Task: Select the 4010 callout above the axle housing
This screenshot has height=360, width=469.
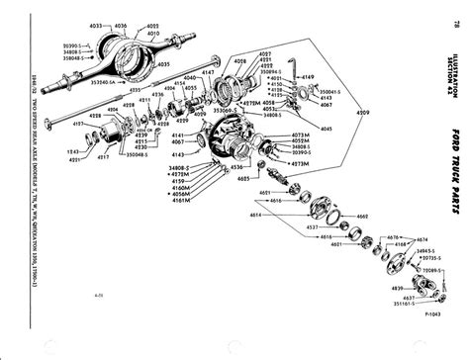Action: pyautogui.click(x=153, y=33)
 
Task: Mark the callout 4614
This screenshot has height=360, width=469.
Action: pyautogui.click(x=257, y=214)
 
